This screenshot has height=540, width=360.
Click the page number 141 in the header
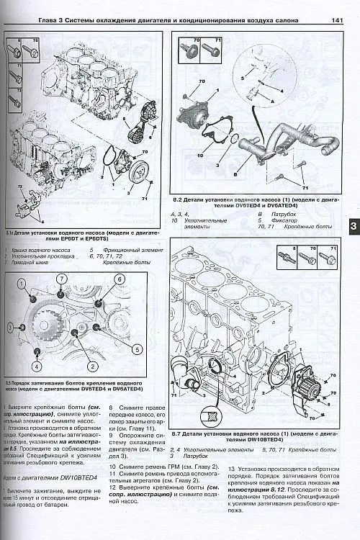(336, 9)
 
